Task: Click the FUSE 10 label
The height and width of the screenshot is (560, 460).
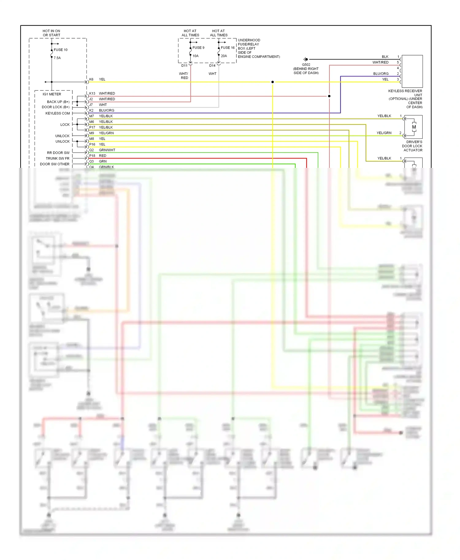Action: pos(60,50)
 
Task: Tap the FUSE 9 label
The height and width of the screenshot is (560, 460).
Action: pos(198,47)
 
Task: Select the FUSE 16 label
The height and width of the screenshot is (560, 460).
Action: pos(228,47)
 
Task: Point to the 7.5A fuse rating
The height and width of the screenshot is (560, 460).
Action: pos(57,58)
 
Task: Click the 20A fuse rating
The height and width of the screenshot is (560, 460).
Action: pos(224,56)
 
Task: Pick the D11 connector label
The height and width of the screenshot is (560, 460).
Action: pos(184,66)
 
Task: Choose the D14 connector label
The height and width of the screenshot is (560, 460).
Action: pos(212,66)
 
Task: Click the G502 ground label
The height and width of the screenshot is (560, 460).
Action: pos(306,65)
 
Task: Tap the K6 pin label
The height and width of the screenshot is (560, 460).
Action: pos(91,79)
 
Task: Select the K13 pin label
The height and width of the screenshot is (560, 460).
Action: pos(92,93)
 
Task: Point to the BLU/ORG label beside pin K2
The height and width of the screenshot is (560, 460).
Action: pos(106,110)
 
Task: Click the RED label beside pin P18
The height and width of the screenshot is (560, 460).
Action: pos(102,156)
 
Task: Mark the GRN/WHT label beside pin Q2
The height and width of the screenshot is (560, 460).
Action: pos(107,150)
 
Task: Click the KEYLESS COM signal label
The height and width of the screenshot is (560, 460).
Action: pos(58,113)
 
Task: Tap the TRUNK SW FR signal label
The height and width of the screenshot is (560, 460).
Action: pos(58,158)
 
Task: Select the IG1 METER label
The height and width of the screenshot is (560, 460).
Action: pos(52,94)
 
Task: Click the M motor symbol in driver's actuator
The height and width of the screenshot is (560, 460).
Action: pos(414,127)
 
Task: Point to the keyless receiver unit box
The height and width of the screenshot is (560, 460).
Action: pos(412,71)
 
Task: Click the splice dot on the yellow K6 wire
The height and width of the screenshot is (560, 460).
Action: pos(273,82)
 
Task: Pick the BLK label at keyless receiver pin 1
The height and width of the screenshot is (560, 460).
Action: pos(385,57)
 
